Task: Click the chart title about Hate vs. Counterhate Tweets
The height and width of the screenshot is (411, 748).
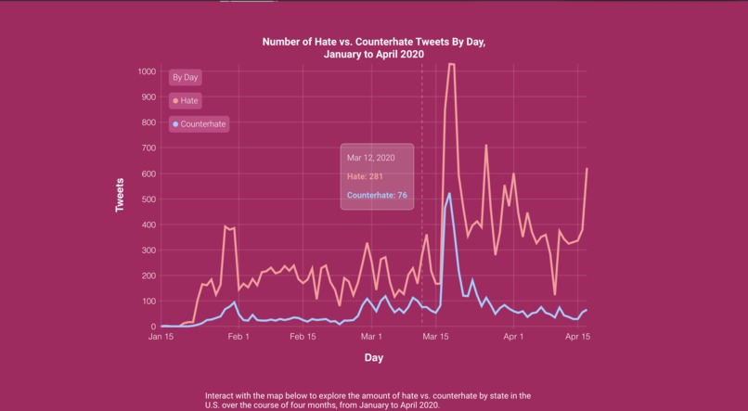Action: tap(373, 48)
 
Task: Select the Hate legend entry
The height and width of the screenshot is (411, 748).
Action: tap(188, 99)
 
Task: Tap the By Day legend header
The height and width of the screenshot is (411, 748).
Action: tap(184, 77)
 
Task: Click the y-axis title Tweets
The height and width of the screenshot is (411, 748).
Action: tap(120, 196)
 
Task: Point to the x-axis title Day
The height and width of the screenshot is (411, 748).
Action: tap(372, 357)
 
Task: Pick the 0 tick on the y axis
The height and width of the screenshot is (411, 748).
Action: tap(152, 327)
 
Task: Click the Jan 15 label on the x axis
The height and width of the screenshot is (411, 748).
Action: tap(161, 338)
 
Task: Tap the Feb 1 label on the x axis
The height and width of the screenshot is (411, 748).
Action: tap(239, 338)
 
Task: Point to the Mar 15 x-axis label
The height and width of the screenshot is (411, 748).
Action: tap(436, 338)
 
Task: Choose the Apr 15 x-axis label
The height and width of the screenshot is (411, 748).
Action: tap(578, 338)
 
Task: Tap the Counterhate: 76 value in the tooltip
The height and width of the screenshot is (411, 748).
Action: tap(377, 195)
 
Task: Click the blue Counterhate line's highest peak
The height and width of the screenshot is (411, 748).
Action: tap(450, 194)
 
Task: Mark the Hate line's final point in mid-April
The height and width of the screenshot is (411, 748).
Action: tap(587, 169)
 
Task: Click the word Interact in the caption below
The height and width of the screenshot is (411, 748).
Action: tap(221, 396)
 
